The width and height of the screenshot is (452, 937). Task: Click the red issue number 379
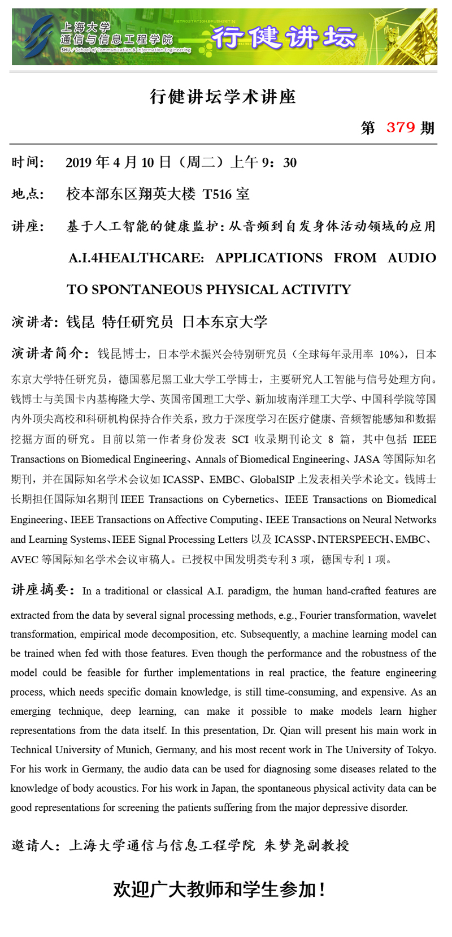(x=401, y=127)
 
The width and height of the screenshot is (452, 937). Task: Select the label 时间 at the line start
(x=27, y=162)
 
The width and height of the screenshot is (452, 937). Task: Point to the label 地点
(x=27, y=194)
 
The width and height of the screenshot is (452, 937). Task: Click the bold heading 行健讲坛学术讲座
(x=223, y=97)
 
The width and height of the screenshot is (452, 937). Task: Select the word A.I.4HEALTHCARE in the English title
(x=136, y=258)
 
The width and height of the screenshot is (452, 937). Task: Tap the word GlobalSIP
(x=272, y=480)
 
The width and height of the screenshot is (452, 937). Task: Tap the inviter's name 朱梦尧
(x=286, y=845)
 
